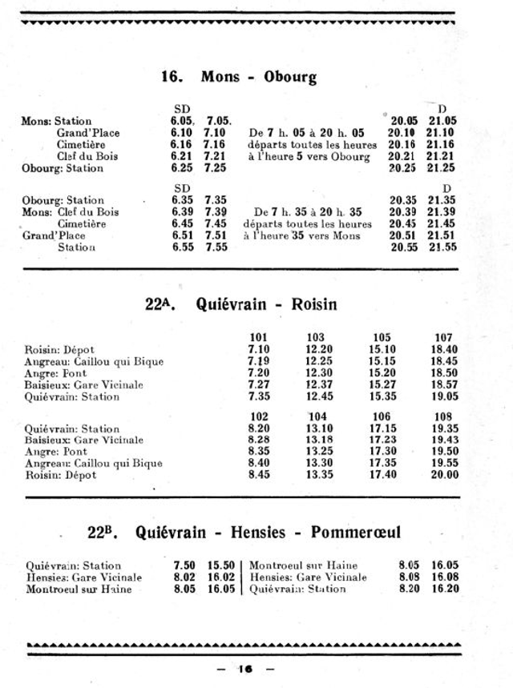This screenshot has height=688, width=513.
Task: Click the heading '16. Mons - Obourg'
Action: click(238, 77)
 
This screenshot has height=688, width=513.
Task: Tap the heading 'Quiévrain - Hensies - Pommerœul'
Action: click(268, 532)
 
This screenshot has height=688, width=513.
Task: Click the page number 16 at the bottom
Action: click(244, 669)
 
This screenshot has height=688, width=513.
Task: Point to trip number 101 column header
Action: click(259, 337)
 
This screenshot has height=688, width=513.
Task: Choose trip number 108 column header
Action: click(443, 416)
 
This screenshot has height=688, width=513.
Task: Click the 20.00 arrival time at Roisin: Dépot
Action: click(445, 475)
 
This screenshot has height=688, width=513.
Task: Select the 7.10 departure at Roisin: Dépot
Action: click(259, 349)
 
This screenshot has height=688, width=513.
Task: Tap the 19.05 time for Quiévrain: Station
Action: click(445, 396)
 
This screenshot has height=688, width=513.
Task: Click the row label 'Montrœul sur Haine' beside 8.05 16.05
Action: click(79, 589)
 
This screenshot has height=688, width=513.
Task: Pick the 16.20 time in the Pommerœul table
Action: click(445, 589)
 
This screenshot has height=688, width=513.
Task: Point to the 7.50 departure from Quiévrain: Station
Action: click(184, 565)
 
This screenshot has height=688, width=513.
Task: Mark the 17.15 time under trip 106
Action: click(382, 428)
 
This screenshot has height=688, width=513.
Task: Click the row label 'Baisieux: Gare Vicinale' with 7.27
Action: click(84, 384)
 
